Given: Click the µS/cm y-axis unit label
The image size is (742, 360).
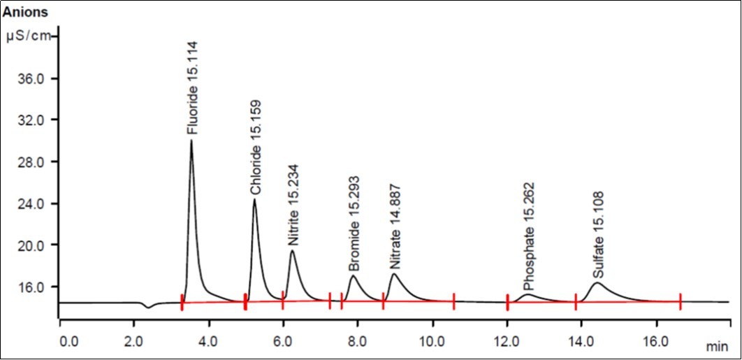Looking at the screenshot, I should [29, 36].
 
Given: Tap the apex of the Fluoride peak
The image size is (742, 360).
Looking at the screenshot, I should [191, 141].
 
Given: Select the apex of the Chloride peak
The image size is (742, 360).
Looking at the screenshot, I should [254, 199].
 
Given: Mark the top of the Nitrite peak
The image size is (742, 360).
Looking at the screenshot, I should [292, 250].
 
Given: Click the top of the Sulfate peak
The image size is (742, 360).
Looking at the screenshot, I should [597, 282].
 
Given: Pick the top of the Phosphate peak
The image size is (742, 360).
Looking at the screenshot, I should [528, 294].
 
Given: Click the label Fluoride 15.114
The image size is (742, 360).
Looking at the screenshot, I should [193, 88].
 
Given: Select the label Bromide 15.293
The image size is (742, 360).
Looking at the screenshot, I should [354, 224].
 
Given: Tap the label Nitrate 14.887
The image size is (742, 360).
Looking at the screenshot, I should [395, 228].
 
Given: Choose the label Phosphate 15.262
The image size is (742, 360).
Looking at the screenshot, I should [528, 238].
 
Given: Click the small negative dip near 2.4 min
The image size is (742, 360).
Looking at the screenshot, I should [147, 307].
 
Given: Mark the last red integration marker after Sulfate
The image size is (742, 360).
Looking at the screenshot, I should [680, 302].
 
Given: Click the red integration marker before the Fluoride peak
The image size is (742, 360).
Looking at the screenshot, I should [182, 303].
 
